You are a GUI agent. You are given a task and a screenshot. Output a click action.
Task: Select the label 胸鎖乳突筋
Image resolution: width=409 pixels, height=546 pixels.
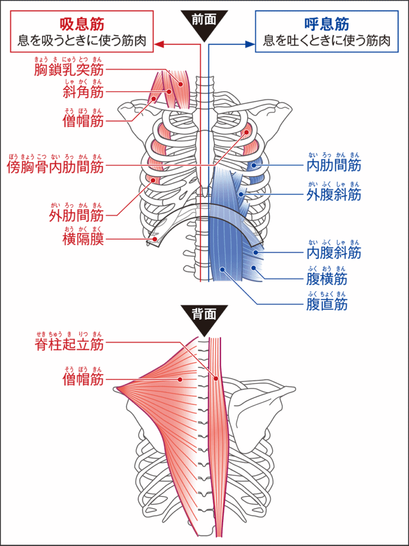tap(69, 69)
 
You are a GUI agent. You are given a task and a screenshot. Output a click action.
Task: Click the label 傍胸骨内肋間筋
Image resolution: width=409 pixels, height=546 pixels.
tap(55, 167)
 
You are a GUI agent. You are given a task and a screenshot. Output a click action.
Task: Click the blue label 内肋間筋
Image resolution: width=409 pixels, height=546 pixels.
tap(334, 166)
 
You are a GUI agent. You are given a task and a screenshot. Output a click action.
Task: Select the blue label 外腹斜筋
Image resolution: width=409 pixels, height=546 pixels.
tap(334, 195)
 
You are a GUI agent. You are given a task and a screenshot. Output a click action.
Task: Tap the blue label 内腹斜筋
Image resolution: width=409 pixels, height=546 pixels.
tap(334, 252)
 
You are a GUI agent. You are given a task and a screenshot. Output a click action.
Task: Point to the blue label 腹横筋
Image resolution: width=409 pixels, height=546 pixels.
tap(327, 279)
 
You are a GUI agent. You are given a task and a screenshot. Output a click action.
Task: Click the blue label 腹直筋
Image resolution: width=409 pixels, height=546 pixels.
tap(327, 304)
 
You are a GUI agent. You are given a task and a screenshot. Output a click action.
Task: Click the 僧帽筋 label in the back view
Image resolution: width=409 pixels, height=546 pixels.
tap(83, 379)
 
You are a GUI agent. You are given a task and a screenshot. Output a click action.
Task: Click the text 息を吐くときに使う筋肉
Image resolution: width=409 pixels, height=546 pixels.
tap(327, 40)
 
